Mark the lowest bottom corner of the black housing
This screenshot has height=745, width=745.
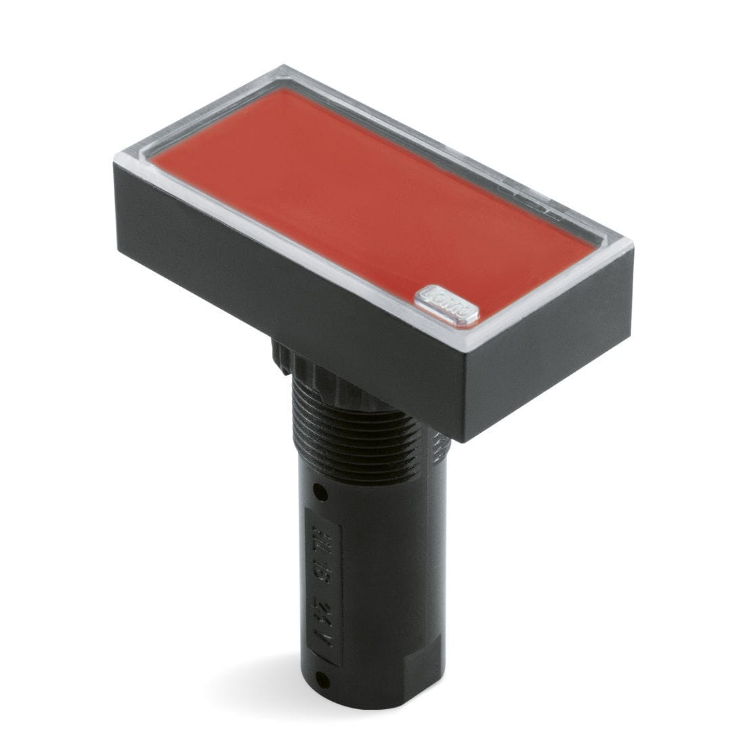pyautogui.click(x=464, y=440)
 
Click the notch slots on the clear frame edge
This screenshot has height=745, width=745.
pyautogui.click(x=535, y=203)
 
